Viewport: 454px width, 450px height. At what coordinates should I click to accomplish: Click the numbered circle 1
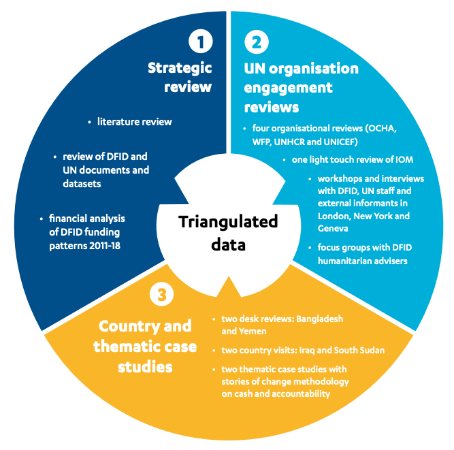tap(201, 42)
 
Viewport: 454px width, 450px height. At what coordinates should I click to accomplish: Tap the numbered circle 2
tap(256, 42)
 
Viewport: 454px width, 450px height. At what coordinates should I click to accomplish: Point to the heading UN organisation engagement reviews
tap(300, 88)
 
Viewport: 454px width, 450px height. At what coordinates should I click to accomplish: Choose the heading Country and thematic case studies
tap(146, 346)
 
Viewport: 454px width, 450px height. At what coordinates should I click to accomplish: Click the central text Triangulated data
tap(228, 233)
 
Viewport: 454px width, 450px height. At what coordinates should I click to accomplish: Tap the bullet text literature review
tap(134, 122)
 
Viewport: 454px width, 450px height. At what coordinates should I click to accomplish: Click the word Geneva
tap(334, 229)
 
